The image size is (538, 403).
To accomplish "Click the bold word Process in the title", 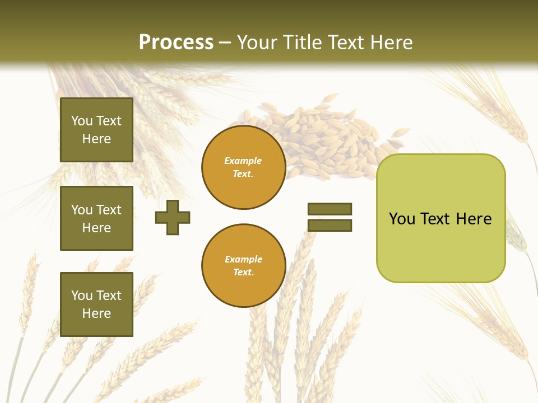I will point(176,43).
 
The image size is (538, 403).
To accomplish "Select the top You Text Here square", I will point(96,130).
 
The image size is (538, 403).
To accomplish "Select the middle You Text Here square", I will point(96,218).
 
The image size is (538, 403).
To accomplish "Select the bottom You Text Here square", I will point(96,304).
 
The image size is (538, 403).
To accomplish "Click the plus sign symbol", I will point(173,217).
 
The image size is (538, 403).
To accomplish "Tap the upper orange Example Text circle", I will point(243,167).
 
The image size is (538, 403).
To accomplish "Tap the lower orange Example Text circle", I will point(243,266).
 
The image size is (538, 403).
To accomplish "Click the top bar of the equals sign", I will point(330,209).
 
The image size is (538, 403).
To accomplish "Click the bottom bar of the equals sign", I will point(330,226).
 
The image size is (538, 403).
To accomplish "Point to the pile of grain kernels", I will point(325,140).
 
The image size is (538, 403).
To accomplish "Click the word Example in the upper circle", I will point(243,161).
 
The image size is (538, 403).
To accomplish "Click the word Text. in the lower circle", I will point(243,273).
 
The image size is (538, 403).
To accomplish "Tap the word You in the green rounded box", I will point(401,219).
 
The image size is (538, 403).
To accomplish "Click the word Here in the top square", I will point(96,139).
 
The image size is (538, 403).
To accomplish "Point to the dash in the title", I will point(225,43).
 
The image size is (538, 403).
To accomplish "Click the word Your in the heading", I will point(257,43).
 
